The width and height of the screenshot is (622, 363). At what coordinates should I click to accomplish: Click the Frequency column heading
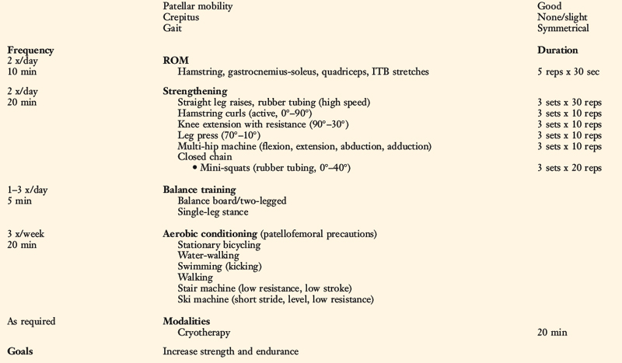click(x=30, y=50)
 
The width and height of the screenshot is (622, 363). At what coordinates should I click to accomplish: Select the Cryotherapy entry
click(x=208, y=332)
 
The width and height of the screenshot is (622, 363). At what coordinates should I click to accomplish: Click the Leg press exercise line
click(x=219, y=135)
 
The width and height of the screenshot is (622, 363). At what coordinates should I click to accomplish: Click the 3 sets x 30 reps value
click(x=569, y=103)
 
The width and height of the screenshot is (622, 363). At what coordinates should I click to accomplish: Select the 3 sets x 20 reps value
click(x=569, y=168)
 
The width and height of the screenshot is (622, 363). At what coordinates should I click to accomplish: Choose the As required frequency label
click(x=31, y=321)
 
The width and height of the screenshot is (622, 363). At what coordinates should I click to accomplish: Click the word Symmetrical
click(x=563, y=28)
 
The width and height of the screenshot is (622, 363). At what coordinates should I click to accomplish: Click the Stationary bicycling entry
click(x=219, y=244)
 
